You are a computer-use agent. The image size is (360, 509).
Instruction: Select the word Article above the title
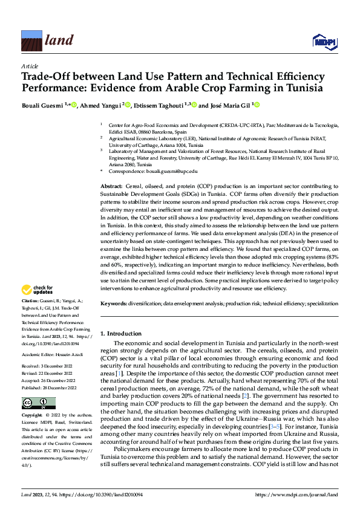(29, 66)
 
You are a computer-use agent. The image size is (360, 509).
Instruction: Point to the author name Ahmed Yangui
(101, 105)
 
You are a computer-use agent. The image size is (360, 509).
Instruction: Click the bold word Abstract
(111, 186)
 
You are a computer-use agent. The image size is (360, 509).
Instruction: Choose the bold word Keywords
(114, 302)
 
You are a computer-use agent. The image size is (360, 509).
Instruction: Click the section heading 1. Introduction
(121, 333)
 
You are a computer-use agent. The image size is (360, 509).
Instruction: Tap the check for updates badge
(38, 290)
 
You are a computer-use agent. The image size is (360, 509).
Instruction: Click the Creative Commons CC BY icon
(38, 403)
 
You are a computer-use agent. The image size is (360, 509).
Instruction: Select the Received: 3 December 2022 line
(48, 366)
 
